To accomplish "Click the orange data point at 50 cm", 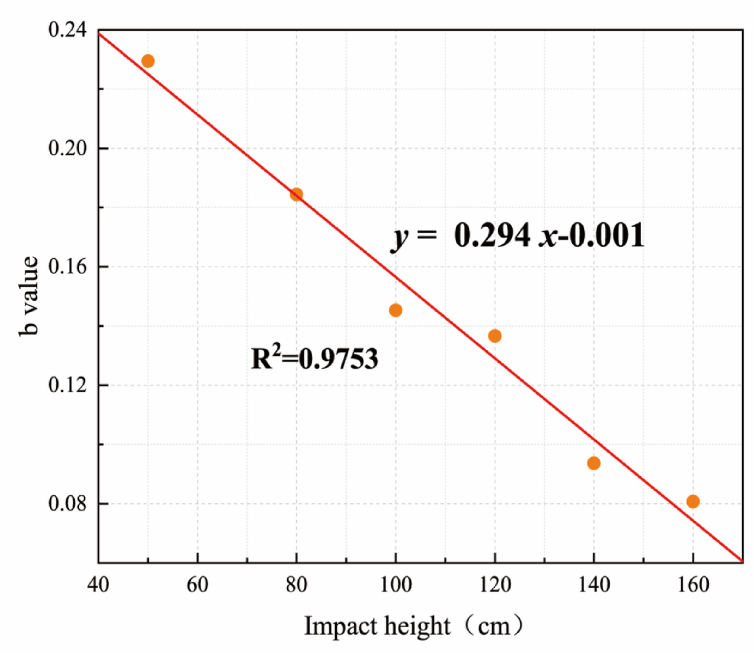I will click(147, 61).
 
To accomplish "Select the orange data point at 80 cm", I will click(296, 194).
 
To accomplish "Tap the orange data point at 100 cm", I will click(395, 311).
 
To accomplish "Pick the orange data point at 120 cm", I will click(495, 336).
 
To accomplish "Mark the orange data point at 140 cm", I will click(594, 463).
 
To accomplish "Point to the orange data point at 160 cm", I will click(693, 502).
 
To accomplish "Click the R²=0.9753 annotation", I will click(315, 358).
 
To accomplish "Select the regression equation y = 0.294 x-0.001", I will click(518, 236).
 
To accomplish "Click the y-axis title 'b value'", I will click(29, 296).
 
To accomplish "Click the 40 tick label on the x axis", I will click(98, 584).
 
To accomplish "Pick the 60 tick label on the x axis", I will click(197, 584).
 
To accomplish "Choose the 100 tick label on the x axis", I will click(395, 584).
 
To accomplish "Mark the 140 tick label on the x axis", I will click(594, 584).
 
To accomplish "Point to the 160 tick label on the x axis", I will click(693, 584).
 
